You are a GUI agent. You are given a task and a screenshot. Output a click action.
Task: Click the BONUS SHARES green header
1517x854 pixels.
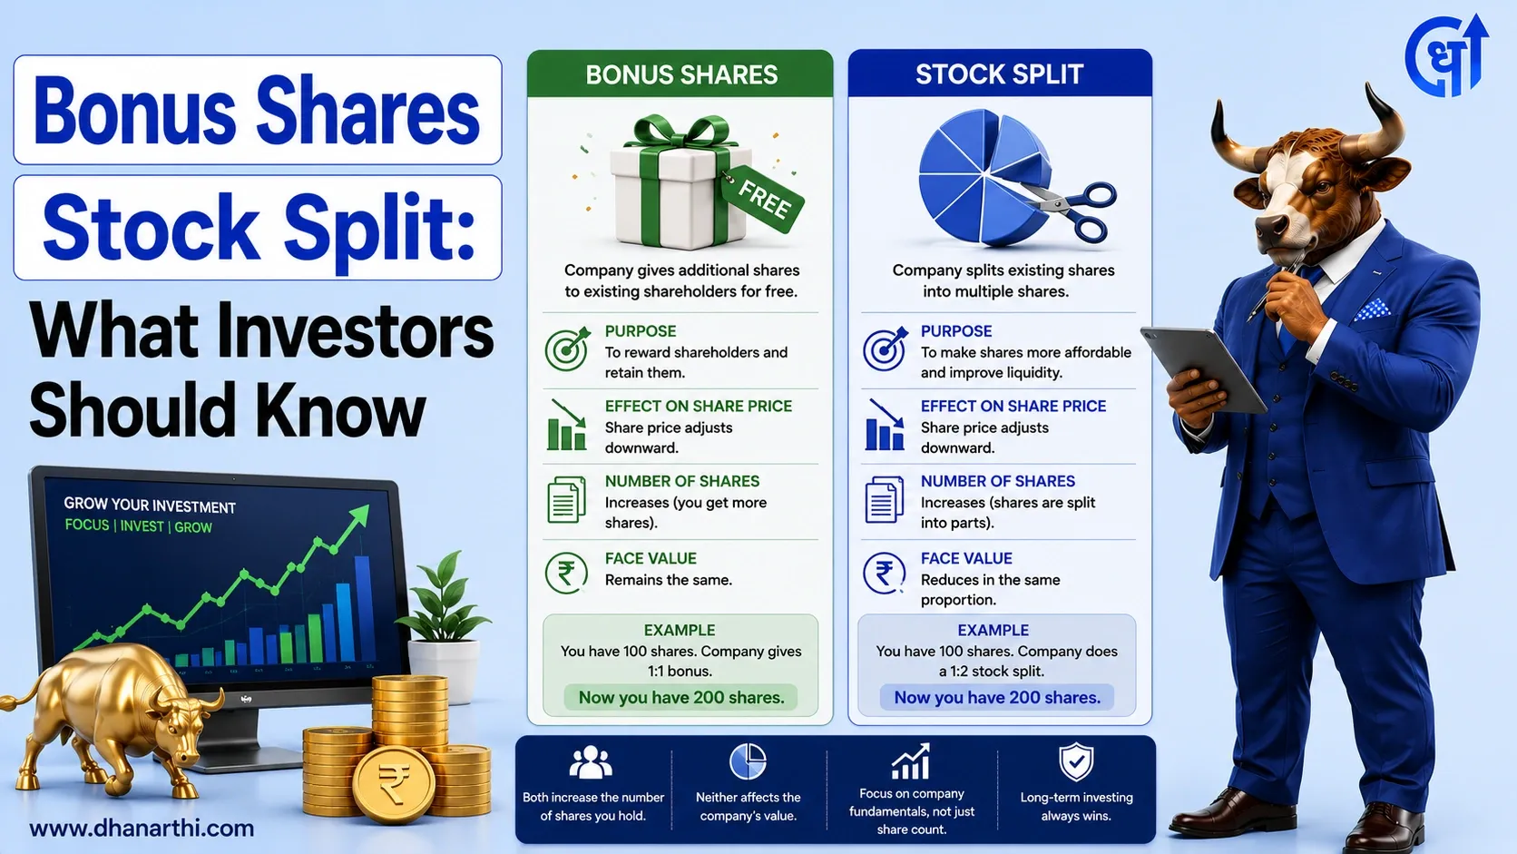(x=680, y=74)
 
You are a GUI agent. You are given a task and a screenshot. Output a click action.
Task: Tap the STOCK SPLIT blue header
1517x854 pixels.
(x=1000, y=74)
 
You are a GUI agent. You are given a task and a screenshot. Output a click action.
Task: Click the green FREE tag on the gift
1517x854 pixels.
(x=762, y=199)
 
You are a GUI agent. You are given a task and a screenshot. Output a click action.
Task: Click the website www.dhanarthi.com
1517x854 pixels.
(x=142, y=829)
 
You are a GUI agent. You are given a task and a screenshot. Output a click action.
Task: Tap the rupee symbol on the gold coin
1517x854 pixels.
(x=394, y=783)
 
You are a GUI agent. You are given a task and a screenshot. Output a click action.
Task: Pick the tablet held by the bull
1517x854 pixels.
(x=1202, y=368)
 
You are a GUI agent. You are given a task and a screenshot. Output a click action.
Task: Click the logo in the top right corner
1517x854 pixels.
(x=1447, y=55)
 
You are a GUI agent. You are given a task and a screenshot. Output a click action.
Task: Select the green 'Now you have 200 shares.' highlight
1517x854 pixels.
(x=680, y=698)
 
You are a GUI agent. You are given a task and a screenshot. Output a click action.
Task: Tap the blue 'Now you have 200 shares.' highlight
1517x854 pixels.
(x=997, y=698)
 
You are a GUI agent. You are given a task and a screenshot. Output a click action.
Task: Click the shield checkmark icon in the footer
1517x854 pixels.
(x=1076, y=761)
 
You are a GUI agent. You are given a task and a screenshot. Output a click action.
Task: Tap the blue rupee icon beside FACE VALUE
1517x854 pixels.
(x=884, y=573)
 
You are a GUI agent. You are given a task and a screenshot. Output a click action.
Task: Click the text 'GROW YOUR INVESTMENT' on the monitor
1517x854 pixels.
(x=150, y=506)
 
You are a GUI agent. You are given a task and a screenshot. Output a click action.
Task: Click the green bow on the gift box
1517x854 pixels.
(x=681, y=132)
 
